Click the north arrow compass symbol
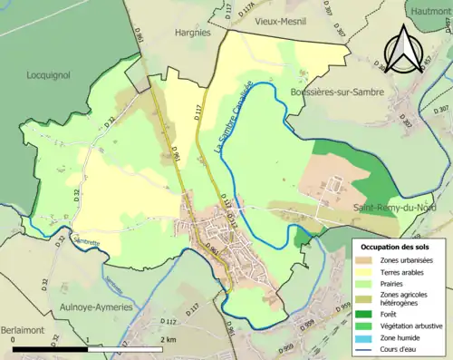coord(406,44)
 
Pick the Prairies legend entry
coord(398,285)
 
